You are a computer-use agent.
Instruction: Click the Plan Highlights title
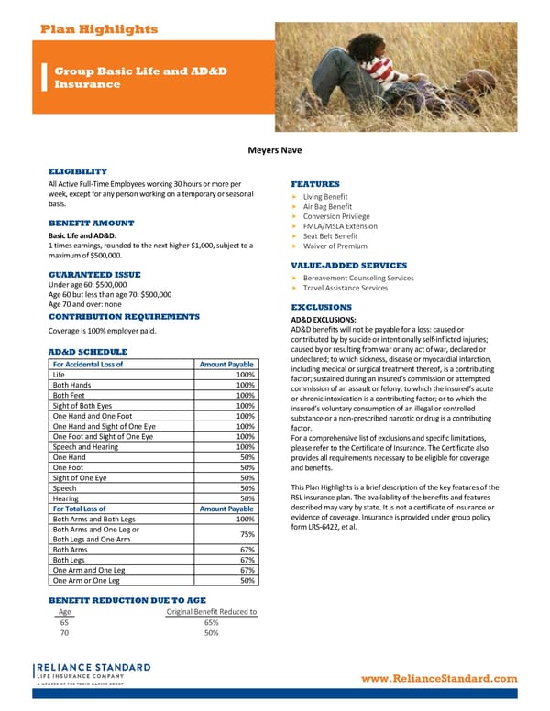click(x=99, y=29)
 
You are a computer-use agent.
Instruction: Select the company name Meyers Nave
click(x=275, y=149)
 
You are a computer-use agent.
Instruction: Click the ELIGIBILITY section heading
click(x=91, y=171)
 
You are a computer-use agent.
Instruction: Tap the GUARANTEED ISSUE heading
click(x=94, y=275)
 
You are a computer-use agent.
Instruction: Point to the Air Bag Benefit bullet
click(x=327, y=206)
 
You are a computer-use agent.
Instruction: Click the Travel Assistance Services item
click(x=345, y=288)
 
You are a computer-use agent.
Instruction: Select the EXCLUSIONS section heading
click(x=321, y=307)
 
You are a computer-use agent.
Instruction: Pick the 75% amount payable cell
click(x=246, y=535)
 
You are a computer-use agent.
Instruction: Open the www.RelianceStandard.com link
click(x=440, y=678)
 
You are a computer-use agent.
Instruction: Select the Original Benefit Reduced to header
click(x=211, y=612)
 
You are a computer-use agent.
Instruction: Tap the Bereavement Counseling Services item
click(x=357, y=277)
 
